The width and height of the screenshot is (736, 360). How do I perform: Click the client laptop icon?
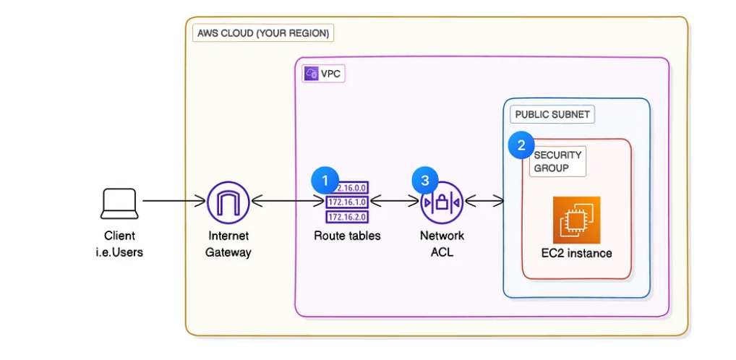point(119,203)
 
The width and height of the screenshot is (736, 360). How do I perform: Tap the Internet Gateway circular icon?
point(228,202)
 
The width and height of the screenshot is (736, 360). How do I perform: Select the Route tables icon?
point(348,202)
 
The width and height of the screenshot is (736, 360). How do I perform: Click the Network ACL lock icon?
point(442,202)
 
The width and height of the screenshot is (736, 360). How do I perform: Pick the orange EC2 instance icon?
point(576,220)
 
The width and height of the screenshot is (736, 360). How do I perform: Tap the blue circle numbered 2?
point(521,144)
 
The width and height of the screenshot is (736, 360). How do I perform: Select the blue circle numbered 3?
point(424,180)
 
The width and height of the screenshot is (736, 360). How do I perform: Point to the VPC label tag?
point(324,74)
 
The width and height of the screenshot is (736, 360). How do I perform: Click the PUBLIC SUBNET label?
point(552,114)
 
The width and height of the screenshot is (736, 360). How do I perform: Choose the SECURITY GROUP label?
point(557,162)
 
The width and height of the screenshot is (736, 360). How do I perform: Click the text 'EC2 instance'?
point(576,253)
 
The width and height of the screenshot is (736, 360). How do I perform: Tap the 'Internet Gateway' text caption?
point(228,244)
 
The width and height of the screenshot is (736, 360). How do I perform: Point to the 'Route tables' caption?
point(347,236)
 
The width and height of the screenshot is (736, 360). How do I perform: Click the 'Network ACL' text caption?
point(442,244)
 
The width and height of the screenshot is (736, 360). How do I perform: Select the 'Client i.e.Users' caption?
point(119,244)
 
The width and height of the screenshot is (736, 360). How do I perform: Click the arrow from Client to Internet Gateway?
point(174,201)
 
